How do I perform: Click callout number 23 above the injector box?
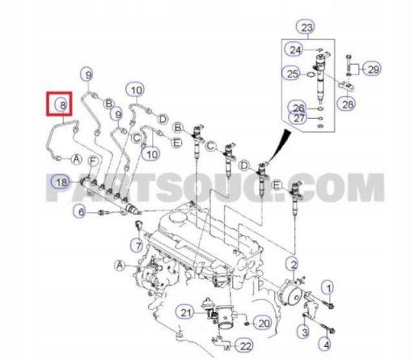point(306,28)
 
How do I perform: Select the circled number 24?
point(295,49)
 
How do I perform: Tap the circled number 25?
point(291,74)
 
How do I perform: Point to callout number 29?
point(373,70)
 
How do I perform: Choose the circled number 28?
point(347,104)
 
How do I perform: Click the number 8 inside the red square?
point(62,104)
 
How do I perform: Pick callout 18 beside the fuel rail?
point(61,183)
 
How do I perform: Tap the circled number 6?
point(81,212)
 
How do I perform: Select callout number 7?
point(138,245)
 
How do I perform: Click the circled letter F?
point(92,162)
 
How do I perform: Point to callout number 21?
point(185,313)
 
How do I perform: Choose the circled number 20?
point(264,323)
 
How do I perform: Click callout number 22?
point(245,346)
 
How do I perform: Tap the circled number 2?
point(293,264)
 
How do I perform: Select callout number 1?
point(328,288)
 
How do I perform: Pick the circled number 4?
point(326,345)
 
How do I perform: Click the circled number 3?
point(305,332)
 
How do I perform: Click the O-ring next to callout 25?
point(311,74)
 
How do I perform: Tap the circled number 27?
point(298,118)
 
